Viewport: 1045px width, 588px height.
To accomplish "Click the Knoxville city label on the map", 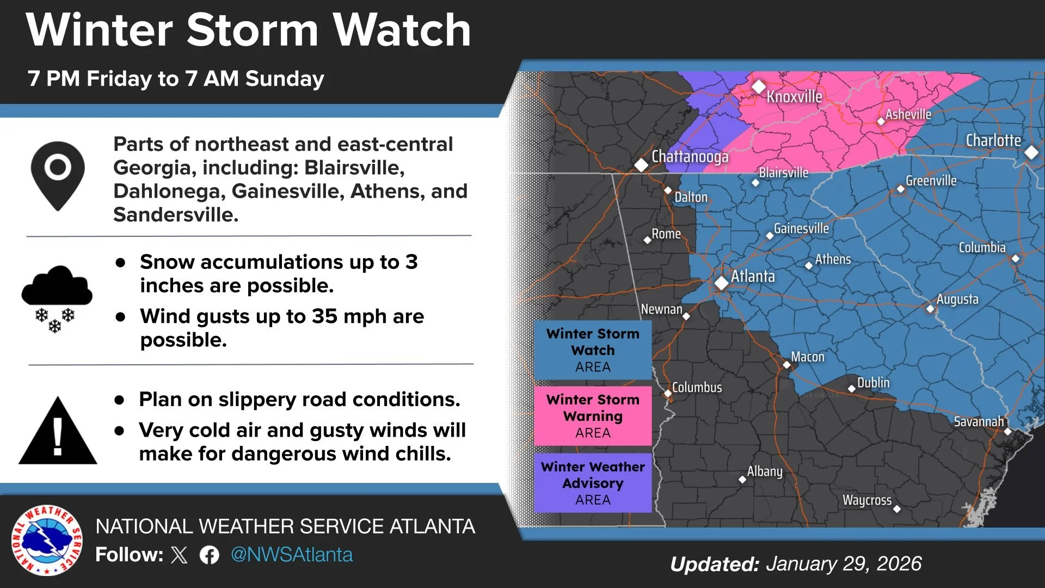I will tap(794, 97).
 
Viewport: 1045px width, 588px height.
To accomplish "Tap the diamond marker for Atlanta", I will tap(722, 283).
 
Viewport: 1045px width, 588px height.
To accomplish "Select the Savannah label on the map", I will tap(979, 421).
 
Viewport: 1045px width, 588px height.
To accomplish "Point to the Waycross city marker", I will tap(897, 509).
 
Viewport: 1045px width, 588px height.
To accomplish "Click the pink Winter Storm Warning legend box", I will tap(593, 416).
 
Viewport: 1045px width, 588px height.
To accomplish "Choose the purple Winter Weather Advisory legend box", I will tap(593, 483).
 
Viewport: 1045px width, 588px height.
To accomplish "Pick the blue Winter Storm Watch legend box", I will tap(593, 350).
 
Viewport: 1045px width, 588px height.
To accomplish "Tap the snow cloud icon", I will tap(57, 298).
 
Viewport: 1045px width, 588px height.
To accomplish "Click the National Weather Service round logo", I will tap(47, 540).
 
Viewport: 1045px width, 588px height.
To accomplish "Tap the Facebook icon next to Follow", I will tap(210, 555).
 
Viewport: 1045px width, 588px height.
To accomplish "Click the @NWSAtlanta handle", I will tap(292, 555).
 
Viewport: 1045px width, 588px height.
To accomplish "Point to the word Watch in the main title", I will tap(402, 30).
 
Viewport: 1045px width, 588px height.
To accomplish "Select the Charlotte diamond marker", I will tap(1031, 152).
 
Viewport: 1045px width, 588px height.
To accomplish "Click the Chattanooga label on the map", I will tap(690, 157).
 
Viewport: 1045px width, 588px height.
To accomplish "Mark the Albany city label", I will tap(765, 471).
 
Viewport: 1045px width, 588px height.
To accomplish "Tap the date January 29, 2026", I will tap(844, 564).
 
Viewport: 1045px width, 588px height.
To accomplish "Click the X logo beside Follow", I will tap(179, 555).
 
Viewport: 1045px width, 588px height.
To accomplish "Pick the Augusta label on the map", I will tap(957, 299).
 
